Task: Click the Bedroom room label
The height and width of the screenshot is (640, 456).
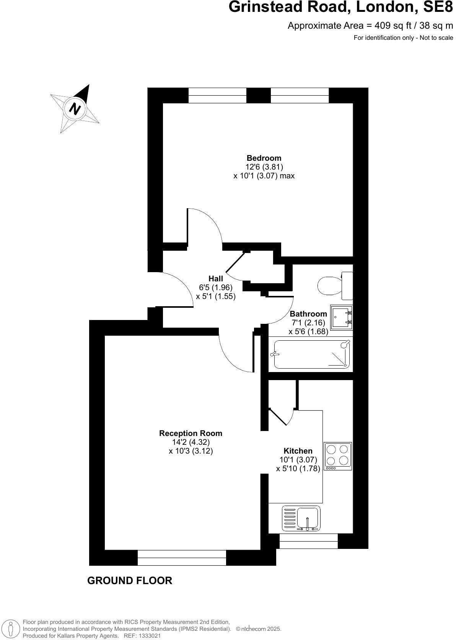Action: point(264,158)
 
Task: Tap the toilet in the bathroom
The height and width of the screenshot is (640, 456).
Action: point(331,286)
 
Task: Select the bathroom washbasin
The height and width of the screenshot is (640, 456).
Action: point(341,317)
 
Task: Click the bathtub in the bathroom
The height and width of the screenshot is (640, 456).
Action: point(312,354)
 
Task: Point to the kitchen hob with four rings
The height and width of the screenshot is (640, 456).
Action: point(338,456)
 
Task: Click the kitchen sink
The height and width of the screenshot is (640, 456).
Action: point(302,518)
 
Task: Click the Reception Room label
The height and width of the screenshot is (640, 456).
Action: point(191,433)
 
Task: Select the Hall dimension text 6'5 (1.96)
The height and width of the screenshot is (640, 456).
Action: point(215,287)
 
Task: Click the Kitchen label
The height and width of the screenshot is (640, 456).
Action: point(298,451)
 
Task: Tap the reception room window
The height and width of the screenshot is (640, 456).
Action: point(182,558)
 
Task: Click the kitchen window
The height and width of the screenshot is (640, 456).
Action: point(308,541)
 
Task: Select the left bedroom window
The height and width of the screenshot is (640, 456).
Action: point(217,95)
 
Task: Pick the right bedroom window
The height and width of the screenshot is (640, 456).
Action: point(300,95)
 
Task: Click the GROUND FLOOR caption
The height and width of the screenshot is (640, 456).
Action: point(130,581)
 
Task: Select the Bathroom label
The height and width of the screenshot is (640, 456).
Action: point(308,314)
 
